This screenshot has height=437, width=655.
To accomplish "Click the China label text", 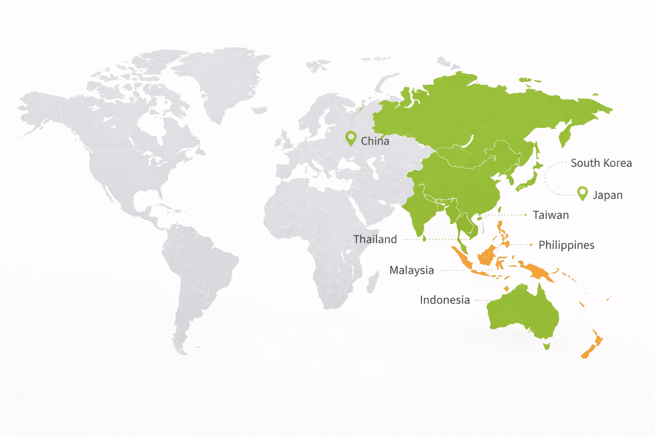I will click(375, 141).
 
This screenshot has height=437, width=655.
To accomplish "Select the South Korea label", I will click(601, 163).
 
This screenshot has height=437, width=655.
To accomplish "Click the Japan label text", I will click(607, 195).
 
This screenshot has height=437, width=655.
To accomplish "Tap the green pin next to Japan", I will click(583, 193).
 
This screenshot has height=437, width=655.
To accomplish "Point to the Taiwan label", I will click(551, 215).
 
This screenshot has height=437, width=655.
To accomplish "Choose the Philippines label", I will click(566, 245).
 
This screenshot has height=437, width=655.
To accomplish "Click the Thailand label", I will click(375, 239).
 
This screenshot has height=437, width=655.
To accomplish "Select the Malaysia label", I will click(412, 270).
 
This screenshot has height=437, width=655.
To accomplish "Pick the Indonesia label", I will click(444, 300).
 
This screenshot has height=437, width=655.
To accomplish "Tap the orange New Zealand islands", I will click(591, 348).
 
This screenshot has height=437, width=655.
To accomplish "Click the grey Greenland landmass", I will click(222, 77).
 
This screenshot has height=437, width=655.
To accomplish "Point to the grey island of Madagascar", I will click(373, 282).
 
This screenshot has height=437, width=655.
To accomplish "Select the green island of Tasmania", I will click(546, 346).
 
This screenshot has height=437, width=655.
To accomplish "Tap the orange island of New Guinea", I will click(537, 271).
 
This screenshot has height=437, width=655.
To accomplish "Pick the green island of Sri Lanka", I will click(424, 239).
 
